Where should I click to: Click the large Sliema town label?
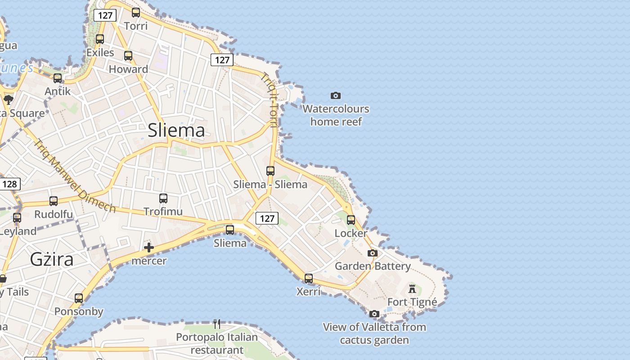[176, 130]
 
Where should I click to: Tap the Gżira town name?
[52, 260]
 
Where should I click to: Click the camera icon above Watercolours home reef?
[336, 95]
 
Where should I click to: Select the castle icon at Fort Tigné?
[412, 288]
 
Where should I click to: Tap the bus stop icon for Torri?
[136, 13]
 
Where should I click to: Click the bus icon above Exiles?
[100, 39]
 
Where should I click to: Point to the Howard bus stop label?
[128, 69]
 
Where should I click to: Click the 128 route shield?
[9, 184]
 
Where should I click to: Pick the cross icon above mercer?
[149, 247]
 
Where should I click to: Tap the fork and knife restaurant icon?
[217, 324]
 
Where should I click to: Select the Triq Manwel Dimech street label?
[75, 176]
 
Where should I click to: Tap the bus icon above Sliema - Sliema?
[270, 171]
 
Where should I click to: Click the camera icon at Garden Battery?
[373, 253]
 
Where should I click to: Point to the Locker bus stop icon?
[351, 220]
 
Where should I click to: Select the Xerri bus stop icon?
[309, 279]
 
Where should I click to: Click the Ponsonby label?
[79, 311]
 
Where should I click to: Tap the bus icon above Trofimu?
[163, 198]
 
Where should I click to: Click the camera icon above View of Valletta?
[374, 314]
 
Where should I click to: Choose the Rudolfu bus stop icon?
[54, 201]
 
